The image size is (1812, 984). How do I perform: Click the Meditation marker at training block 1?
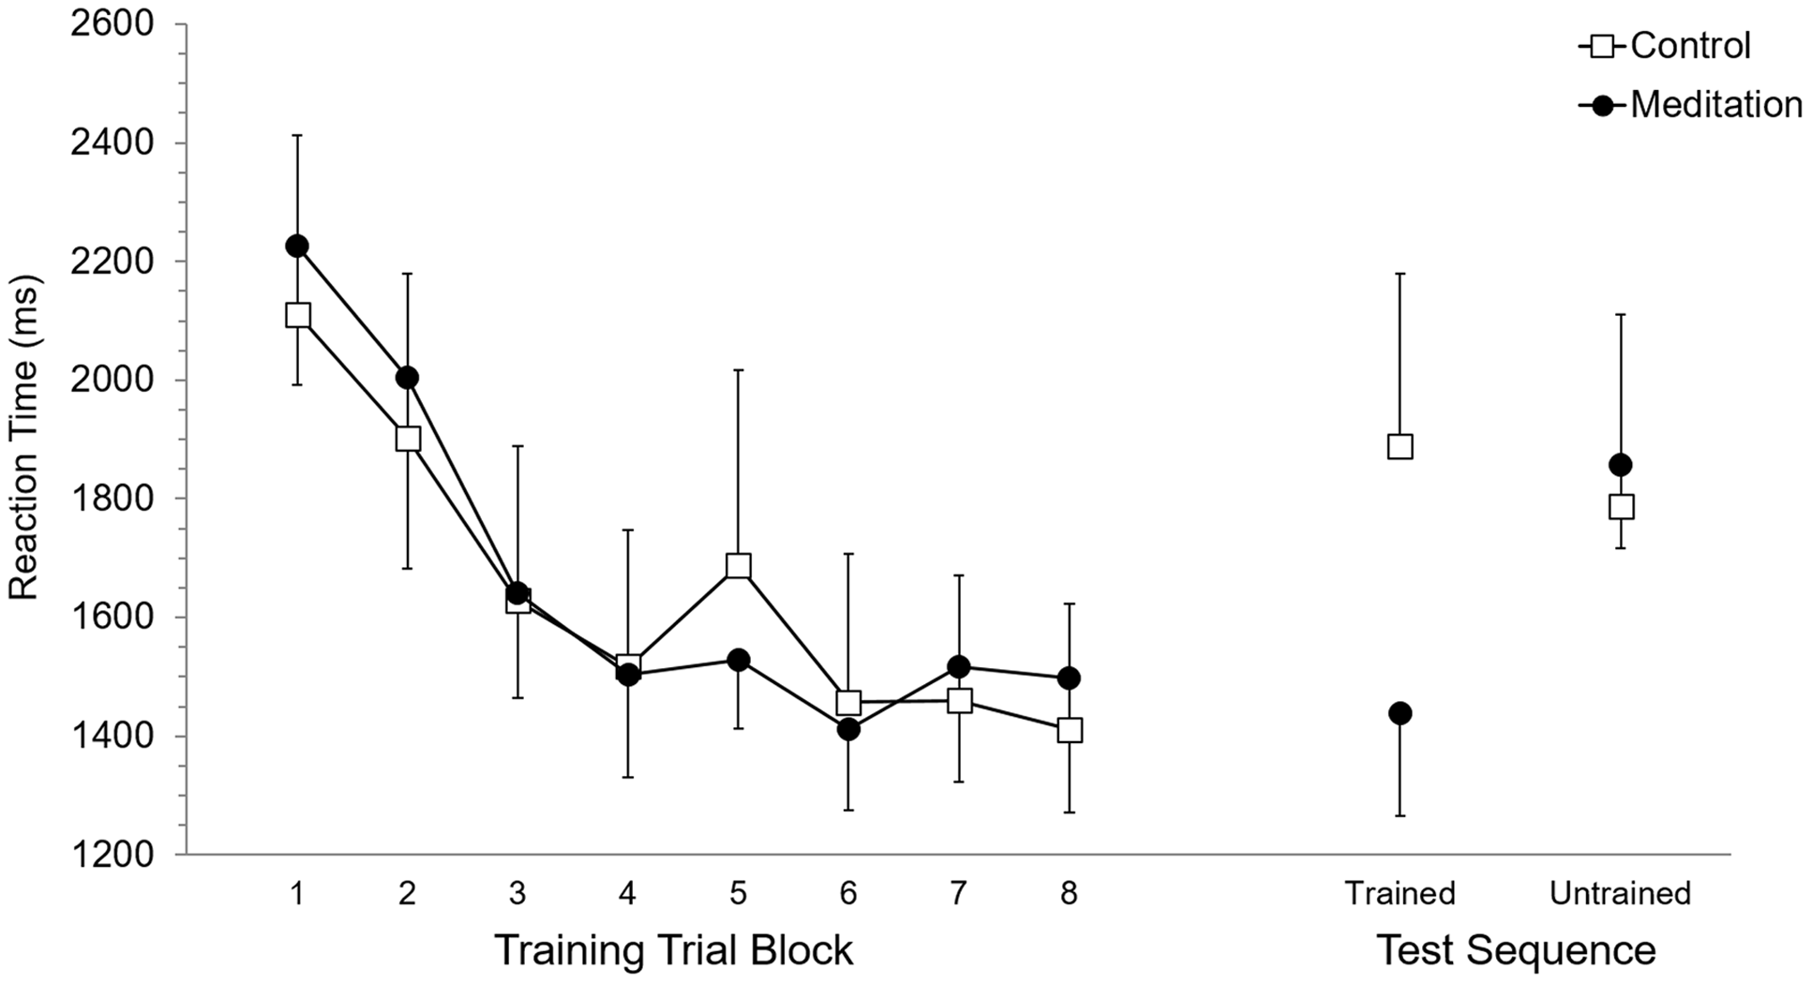coord(297,246)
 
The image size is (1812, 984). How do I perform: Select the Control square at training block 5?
coord(738,566)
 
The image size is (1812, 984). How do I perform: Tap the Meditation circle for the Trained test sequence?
coord(1400,713)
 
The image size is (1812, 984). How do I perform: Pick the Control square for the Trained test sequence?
coord(1400,446)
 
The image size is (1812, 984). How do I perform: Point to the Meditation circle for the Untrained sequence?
coord(1620,465)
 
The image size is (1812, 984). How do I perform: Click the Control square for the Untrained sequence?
coord(1621,507)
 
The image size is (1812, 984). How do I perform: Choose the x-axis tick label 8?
coord(1069,893)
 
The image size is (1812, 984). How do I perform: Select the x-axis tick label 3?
coord(517,893)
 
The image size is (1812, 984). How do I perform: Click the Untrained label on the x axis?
coord(1620,893)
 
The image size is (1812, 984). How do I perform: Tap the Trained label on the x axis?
coord(1400,893)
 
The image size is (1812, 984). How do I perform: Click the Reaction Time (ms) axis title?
coord(23,438)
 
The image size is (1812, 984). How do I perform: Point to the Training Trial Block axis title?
coord(673,950)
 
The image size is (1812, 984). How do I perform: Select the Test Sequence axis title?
coord(1515,950)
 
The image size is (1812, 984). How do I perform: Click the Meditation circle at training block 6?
coord(848,729)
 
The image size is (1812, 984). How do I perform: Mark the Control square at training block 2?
coord(408,439)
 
